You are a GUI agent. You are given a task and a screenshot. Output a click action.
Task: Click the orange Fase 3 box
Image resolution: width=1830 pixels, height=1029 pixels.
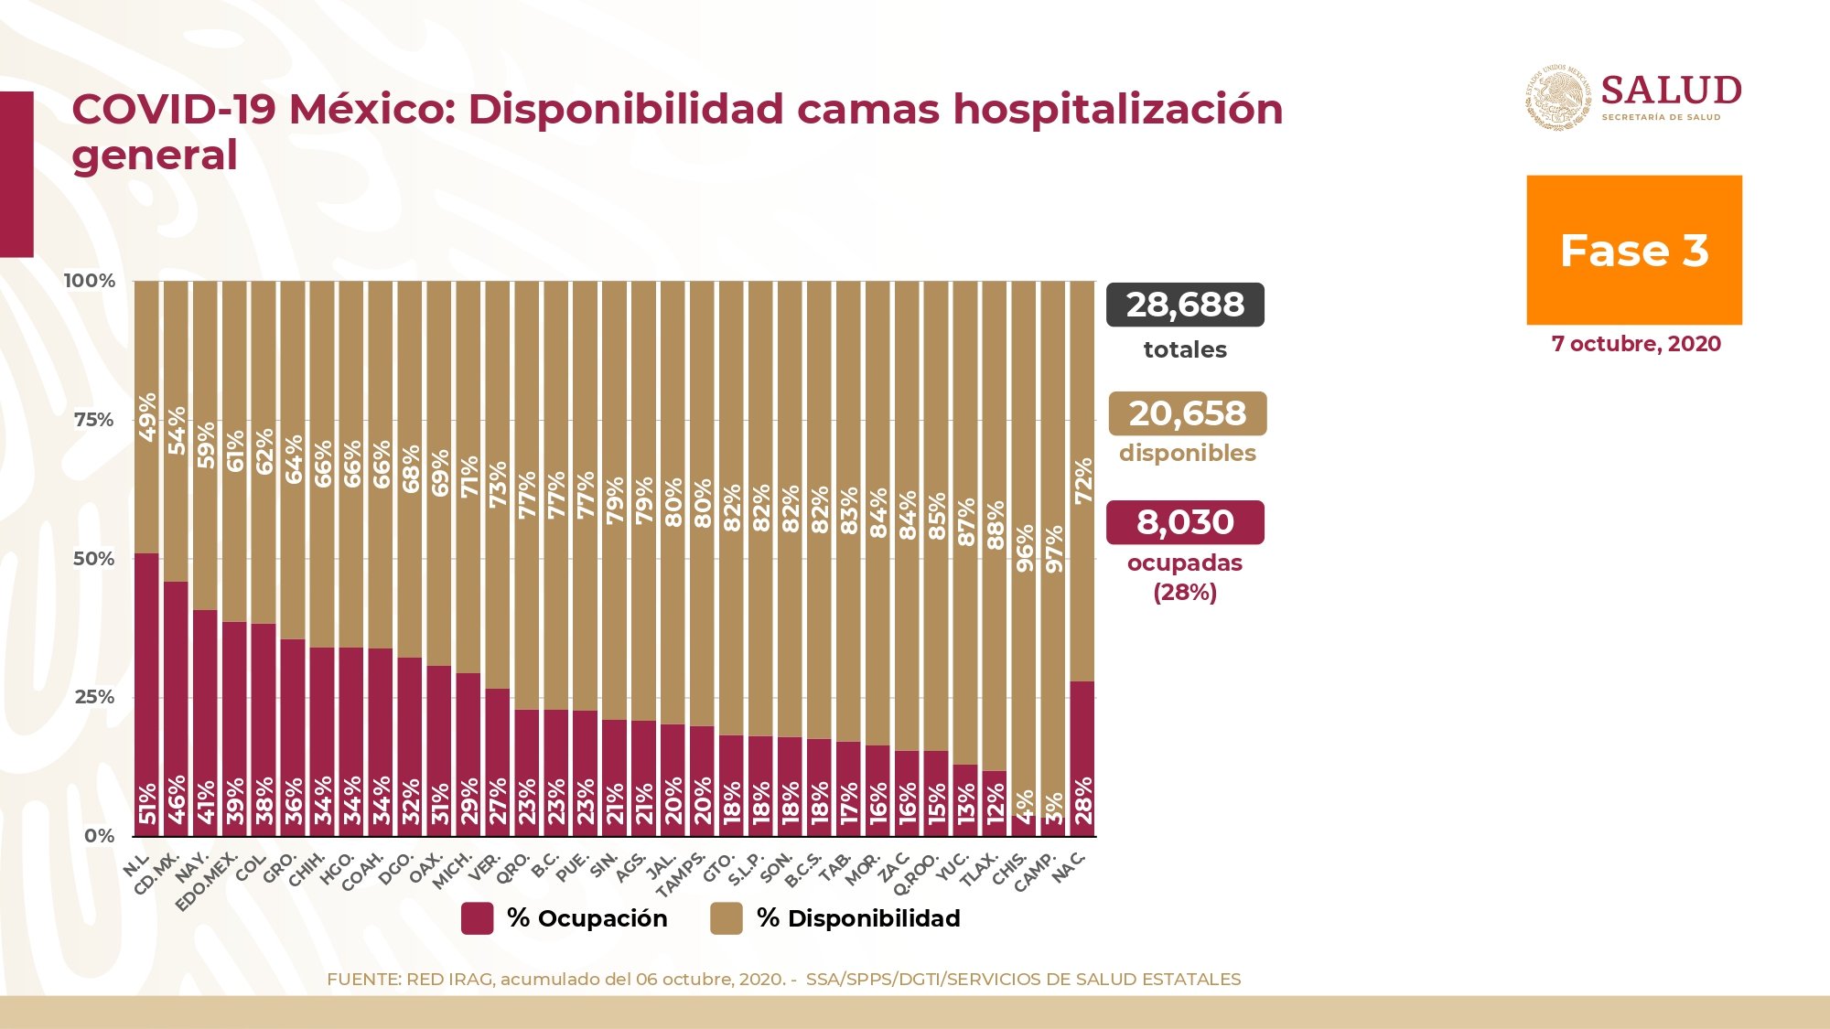[1634, 250]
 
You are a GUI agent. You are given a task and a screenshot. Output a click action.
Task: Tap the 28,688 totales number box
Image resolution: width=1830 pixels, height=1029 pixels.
[1185, 305]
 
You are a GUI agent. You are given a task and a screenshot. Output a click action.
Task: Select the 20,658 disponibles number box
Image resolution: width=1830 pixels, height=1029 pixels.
[1188, 413]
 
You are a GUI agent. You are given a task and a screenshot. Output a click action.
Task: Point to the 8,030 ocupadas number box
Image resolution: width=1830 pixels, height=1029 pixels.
[1185, 522]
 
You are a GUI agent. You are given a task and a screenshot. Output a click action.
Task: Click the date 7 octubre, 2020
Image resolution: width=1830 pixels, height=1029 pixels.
[1636, 344]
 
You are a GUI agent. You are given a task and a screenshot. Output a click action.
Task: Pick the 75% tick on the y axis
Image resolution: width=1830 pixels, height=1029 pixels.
[94, 420]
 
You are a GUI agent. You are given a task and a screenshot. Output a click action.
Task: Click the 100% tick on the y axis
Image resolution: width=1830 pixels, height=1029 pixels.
[90, 281]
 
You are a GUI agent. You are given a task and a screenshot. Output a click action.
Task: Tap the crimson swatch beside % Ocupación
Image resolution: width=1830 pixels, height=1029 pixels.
[477, 918]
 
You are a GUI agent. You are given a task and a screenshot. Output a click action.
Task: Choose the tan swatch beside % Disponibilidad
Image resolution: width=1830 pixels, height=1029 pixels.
[727, 918]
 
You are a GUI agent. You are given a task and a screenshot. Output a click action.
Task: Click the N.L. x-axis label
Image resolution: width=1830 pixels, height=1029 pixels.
[136, 864]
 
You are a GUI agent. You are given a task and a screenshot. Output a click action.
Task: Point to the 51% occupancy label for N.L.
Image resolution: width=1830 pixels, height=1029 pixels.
[147, 803]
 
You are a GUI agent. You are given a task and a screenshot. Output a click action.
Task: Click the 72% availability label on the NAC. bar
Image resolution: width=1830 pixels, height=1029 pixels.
[1083, 481]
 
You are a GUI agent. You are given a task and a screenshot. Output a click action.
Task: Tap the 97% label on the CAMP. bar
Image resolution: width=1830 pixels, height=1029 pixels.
[1054, 549]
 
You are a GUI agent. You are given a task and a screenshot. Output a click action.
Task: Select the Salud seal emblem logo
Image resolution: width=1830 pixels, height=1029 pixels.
[1558, 97]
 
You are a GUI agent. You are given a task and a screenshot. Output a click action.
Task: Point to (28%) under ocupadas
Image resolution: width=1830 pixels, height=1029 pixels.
[1185, 593]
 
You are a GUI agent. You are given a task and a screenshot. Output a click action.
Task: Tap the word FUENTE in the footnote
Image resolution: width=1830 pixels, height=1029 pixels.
[363, 979]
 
